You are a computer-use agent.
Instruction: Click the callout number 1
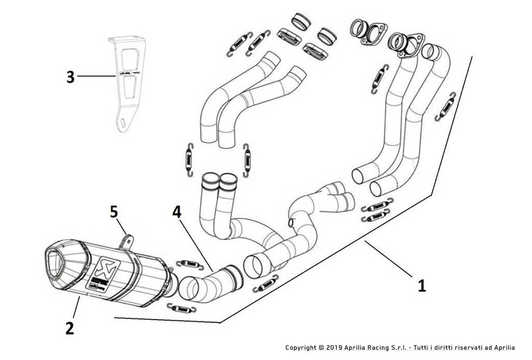pyautogui.click(x=421, y=285)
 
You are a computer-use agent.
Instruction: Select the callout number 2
pyautogui.click(x=69, y=328)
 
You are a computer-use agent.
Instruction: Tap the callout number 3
pyautogui.click(x=70, y=77)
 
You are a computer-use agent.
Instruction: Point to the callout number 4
pyautogui.click(x=177, y=212)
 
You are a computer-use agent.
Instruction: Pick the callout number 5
pyautogui.click(x=114, y=212)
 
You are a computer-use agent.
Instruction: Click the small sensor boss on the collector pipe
pyautogui.click(x=292, y=220)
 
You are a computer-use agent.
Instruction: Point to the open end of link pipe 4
pyautogui.click(x=188, y=287)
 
